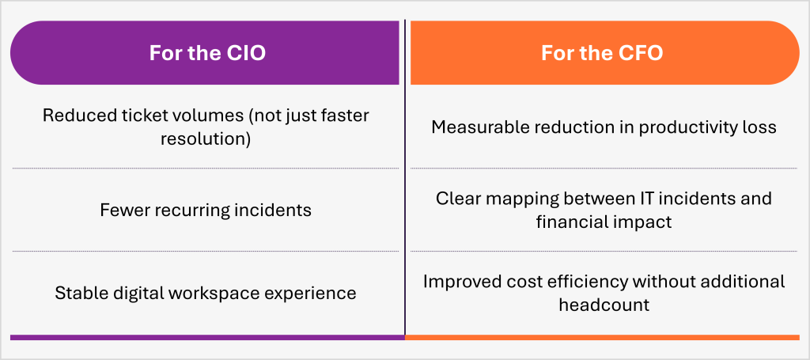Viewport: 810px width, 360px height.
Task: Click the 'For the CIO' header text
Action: (x=207, y=53)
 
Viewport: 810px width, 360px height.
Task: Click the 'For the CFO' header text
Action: (x=602, y=53)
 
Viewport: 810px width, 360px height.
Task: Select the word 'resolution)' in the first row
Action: (x=206, y=139)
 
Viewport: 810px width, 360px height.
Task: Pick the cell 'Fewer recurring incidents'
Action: (x=206, y=210)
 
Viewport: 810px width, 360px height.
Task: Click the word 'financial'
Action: (x=572, y=222)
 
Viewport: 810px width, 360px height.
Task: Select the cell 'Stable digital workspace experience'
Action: (x=206, y=294)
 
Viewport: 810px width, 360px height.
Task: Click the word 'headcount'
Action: (x=604, y=305)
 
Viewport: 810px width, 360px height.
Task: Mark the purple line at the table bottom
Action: (x=207, y=337)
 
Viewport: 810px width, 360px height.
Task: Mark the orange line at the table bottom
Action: (x=602, y=337)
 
